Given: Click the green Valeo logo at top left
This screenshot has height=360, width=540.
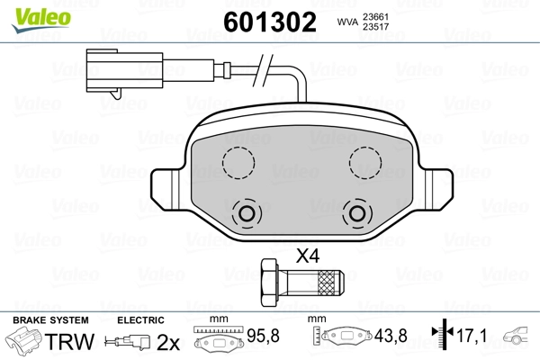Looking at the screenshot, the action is click(41, 20).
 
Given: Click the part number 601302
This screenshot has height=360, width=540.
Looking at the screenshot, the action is click(270, 22).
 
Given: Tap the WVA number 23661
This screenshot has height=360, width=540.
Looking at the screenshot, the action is click(375, 17).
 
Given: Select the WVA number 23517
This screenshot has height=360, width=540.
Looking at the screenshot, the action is click(375, 27).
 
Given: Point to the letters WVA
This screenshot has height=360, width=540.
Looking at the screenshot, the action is click(347, 22).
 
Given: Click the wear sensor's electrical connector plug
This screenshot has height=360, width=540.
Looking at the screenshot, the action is click(124, 72).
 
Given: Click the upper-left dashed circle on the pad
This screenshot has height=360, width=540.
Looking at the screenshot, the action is click(238, 163).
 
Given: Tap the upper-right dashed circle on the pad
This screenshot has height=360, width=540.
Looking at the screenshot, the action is click(365, 163).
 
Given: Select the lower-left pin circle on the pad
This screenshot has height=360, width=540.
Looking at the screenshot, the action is click(247, 213).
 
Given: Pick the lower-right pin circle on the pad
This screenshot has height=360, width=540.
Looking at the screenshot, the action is click(357, 213).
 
